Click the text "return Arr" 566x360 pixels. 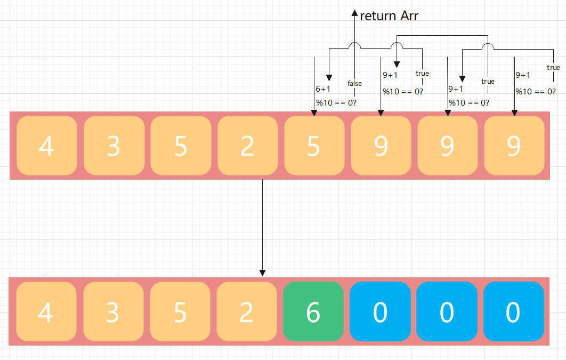pyautogui.click(x=389, y=16)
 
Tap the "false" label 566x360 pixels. pyautogui.click(x=354, y=83)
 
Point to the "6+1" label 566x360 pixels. pyautogui.click(x=323, y=89)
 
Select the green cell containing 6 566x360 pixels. pyautogui.click(x=313, y=311)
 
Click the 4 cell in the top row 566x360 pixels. pyautogui.click(x=47, y=145)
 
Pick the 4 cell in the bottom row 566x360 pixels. pyautogui.click(x=46, y=311)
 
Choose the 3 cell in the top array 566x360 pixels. pyautogui.click(x=114, y=145)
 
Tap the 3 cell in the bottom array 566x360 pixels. pyautogui.click(x=113, y=311)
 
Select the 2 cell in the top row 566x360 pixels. pyautogui.click(x=247, y=145)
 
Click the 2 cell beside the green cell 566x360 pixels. pyautogui.click(x=246, y=311)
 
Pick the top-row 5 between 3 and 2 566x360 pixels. pyautogui.click(x=181, y=145)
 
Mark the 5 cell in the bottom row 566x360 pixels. pyautogui.click(x=180, y=311)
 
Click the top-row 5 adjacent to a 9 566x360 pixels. pyautogui.click(x=314, y=145)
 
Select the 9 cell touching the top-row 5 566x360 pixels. pyautogui.click(x=381, y=145)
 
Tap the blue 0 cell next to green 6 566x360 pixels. pyautogui.click(x=380, y=311)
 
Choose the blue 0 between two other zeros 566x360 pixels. pyautogui.click(x=447, y=311)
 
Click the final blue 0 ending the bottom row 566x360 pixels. pyautogui.click(x=513, y=311)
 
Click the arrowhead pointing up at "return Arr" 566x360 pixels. pyautogui.click(x=354, y=12)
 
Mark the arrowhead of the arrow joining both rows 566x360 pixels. pyautogui.click(x=262, y=273)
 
